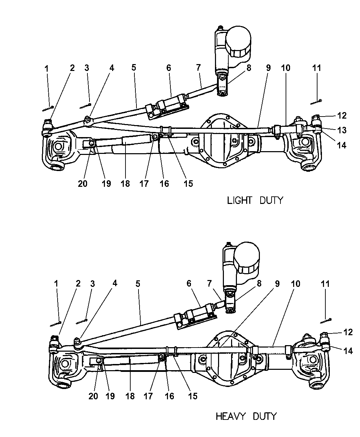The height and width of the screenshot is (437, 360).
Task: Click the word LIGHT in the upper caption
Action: (x=239, y=200)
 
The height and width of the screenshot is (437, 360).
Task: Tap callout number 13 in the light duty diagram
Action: (x=342, y=130)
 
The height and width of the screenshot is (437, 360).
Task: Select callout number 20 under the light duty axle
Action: (x=82, y=184)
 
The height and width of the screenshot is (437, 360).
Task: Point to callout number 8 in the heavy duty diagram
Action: (x=259, y=284)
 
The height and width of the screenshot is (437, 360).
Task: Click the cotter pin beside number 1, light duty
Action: (x=48, y=108)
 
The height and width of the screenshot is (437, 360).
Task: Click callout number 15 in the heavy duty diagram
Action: (x=193, y=396)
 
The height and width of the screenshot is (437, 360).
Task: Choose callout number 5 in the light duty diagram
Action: (x=133, y=68)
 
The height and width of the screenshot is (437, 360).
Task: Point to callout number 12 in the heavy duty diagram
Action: (x=348, y=332)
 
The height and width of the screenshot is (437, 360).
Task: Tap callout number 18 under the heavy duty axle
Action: (x=130, y=396)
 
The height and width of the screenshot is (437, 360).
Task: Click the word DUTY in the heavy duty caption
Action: (x=264, y=416)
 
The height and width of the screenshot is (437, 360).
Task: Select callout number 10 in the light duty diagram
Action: (x=285, y=68)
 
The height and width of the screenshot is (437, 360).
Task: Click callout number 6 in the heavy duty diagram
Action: (x=189, y=284)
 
